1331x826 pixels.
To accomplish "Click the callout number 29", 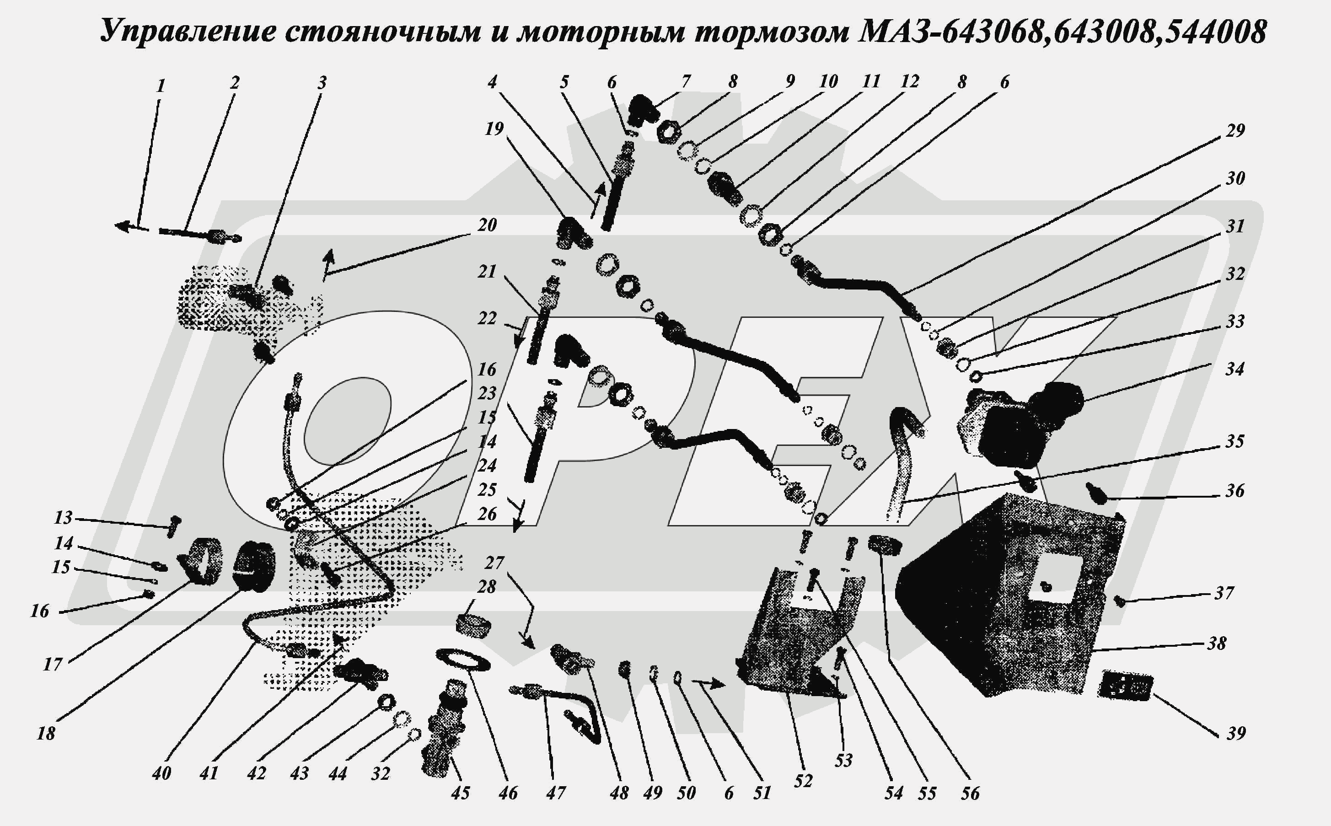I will pos(1235,130).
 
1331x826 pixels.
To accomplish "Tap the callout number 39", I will pos(1236,733).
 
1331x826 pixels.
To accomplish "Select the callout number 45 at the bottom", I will pos(460,793).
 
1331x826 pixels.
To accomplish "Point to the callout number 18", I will pos(46,734).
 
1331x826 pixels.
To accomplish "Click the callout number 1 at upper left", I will pos(161,86).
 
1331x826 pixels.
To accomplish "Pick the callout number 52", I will pos(803,781).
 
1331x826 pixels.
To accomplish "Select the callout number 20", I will pos(487,225).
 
